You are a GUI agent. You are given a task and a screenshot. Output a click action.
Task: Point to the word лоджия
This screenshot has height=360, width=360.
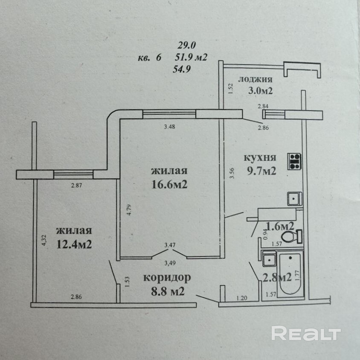pos(255,79)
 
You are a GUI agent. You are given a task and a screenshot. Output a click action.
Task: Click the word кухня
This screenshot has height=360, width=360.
pos(260,157)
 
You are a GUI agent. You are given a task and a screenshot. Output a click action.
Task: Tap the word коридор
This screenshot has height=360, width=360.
pos(167,278)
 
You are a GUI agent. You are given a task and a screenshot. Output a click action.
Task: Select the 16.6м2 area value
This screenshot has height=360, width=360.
pos(169,185)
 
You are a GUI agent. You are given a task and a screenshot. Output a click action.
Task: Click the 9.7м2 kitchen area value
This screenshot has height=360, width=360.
pos(260,171)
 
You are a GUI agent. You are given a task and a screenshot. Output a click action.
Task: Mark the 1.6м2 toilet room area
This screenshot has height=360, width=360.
pos(279,225)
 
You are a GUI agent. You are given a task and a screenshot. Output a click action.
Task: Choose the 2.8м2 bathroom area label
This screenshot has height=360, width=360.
pos(276,278)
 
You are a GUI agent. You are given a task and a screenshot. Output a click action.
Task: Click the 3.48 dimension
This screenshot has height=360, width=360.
pos(170,126)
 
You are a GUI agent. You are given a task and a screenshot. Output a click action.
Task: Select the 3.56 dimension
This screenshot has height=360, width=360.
pos(231,174)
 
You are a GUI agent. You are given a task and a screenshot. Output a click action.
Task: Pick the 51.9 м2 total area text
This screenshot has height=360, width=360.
pos(191,57)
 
